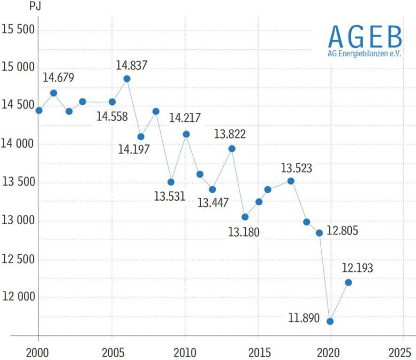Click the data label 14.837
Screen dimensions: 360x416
pyautogui.click(x=132, y=65)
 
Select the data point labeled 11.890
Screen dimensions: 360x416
pyautogui.click(x=330, y=321)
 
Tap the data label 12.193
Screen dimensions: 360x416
pyautogui.click(x=357, y=268)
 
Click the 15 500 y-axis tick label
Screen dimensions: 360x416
pyautogui.click(x=18, y=29)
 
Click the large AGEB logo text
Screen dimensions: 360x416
pyautogui.click(x=365, y=36)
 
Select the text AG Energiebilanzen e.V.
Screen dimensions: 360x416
pyautogui.click(x=365, y=54)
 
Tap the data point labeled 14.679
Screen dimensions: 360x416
pyautogui.click(x=54, y=93)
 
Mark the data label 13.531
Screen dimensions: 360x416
pyautogui.click(x=169, y=196)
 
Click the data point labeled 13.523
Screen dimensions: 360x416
pyautogui.click(x=291, y=181)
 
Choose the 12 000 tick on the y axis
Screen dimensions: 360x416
pyautogui.click(x=18, y=297)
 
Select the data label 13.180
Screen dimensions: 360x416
pyautogui.click(x=244, y=232)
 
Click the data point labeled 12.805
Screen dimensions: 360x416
pyautogui.click(x=319, y=233)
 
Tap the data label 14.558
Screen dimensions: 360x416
pyautogui.click(x=112, y=116)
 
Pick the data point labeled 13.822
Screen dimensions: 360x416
pyautogui.click(x=232, y=149)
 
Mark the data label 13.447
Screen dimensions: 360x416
pyautogui.click(x=213, y=203)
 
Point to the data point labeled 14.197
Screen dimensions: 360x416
pyautogui.click(x=141, y=136)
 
